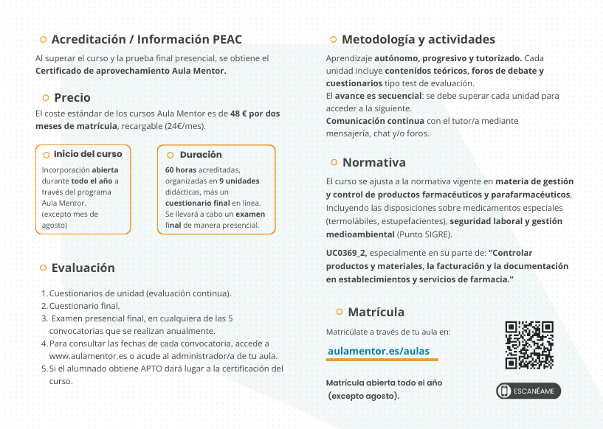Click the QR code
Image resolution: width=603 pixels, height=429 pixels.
[529, 345]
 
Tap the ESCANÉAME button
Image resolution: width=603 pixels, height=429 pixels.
[528, 391]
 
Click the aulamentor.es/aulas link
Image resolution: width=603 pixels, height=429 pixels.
[378, 351]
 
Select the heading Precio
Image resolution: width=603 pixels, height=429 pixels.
[72, 97]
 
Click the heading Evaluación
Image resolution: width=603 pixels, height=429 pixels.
[83, 268]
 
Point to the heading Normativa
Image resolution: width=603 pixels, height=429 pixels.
[373, 162]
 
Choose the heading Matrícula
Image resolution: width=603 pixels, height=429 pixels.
[376, 312]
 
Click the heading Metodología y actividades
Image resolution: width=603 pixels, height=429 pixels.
[418, 39]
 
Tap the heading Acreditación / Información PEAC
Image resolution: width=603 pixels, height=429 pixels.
[146, 39]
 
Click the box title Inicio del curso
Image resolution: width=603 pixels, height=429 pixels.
[88, 154]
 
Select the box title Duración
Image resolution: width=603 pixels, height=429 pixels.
[201, 155]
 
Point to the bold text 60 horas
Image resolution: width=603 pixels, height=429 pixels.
[180, 170]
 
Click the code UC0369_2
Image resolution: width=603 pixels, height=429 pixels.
[346, 253]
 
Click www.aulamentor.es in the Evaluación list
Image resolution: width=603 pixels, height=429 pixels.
[79, 356]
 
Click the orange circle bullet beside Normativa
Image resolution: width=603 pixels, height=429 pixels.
[334, 162]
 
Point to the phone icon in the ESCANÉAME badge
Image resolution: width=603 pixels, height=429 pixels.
[506, 391]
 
